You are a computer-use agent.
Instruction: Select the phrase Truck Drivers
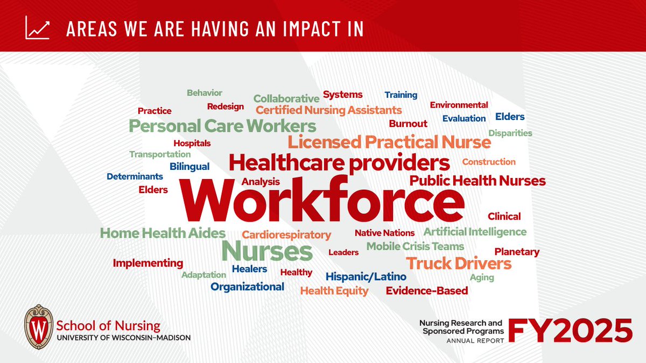[459, 264]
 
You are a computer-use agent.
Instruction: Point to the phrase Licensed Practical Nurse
[389, 143]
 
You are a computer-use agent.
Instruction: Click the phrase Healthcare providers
[339, 162]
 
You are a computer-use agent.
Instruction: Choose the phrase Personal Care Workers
[222, 126]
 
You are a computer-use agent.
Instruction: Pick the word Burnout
[408, 124]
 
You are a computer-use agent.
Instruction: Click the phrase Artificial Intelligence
[475, 232]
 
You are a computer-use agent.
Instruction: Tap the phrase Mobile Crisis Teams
[415, 246]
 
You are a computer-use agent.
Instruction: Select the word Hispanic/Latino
[366, 277]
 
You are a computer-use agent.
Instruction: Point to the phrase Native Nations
[384, 233]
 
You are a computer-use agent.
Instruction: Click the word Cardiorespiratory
[286, 235]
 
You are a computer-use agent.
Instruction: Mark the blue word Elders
[510, 117]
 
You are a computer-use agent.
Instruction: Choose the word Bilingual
[189, 167]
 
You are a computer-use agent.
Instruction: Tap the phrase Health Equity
[334, 291]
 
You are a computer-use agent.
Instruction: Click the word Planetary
[517, 252]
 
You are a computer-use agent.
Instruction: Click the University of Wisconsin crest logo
[39, 326]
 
